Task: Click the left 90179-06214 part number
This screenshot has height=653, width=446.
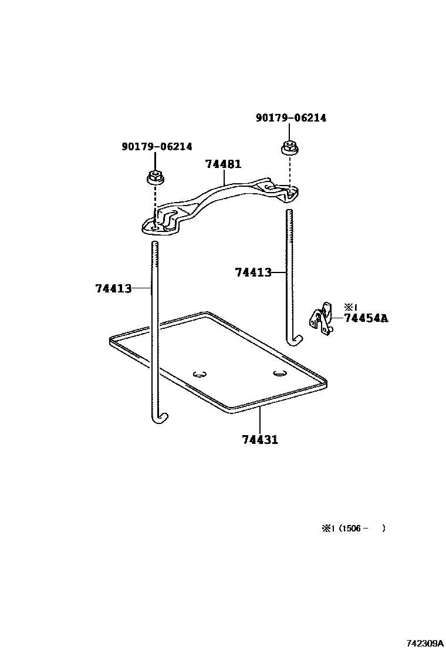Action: point(157,147)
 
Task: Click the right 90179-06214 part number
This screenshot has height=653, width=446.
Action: point(290,118)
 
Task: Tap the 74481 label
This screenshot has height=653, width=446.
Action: point(223,164)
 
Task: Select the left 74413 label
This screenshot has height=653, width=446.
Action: point(113,288)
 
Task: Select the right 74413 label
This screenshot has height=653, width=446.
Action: point(253,272)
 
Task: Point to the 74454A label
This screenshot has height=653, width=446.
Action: point(366,318)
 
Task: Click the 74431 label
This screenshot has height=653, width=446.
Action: point(259,439)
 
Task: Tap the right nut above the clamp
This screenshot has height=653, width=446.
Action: point(289,147)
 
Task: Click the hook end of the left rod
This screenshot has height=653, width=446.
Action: point(162,418)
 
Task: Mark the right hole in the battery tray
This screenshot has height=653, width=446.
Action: point(279,372)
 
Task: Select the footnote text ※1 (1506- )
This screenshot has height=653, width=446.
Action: point(353,529)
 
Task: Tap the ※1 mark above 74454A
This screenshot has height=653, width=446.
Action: point(350,307)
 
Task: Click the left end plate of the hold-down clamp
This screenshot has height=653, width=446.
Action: point(160,225)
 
